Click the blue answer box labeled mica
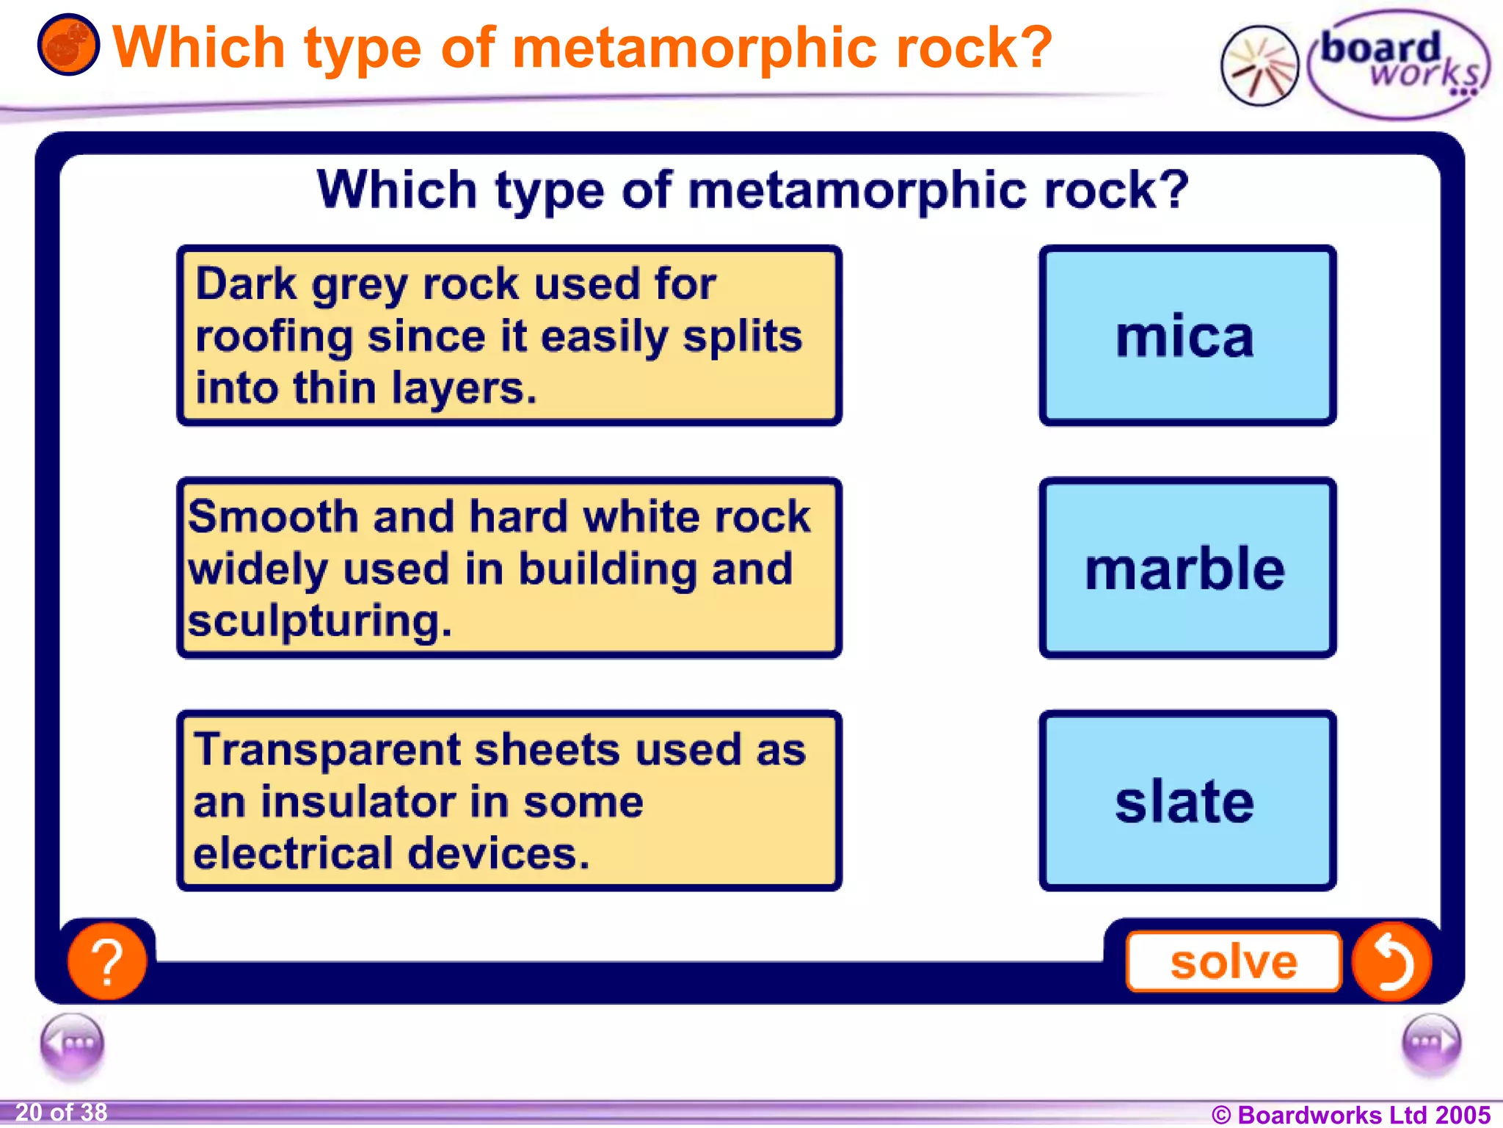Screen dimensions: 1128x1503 click(x=1187, y=336)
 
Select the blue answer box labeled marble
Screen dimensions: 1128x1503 click(x=1187, y=568)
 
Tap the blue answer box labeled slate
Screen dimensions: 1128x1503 click(x=1187, y=800)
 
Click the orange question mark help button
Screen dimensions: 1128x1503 click(x=107, y=961)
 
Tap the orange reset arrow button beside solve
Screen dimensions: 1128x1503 click(x=1391, y=961)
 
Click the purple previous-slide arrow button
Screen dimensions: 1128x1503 click(x=72, y=1043)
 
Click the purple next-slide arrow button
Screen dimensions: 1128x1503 click(x=1430, y=1043)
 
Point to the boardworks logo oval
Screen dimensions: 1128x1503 click(x=1398, y=65)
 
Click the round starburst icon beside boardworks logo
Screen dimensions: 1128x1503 click(x=1259, y=66)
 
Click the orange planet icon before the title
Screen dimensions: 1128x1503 click(x=68, y=46)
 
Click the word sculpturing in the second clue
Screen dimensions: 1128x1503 click(x=319, y=621)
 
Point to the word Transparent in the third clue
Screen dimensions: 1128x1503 click(x=328, y=750)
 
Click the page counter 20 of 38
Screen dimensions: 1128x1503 click(x=62, y=1113)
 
